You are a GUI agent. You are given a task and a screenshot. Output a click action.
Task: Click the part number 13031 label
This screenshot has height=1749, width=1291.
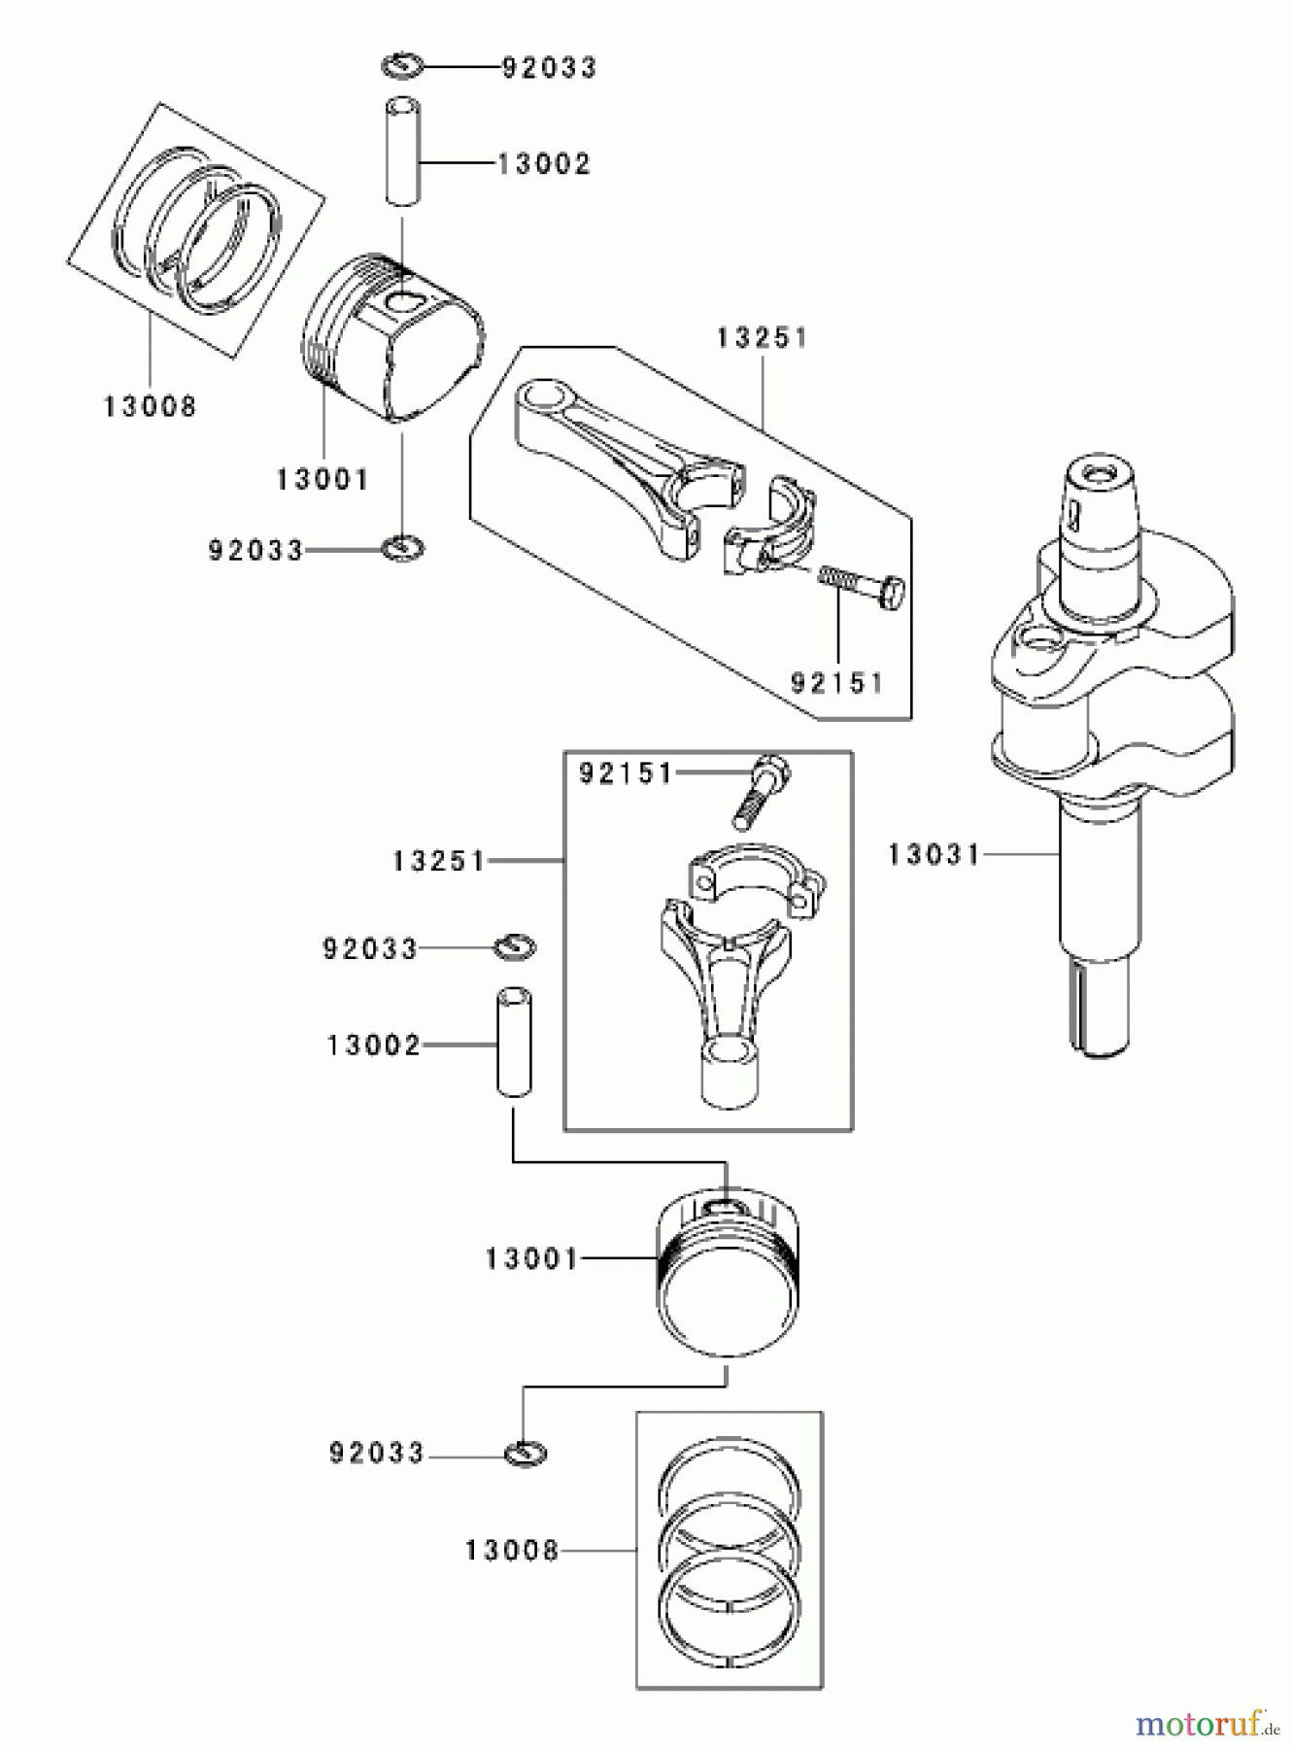click(934, 855)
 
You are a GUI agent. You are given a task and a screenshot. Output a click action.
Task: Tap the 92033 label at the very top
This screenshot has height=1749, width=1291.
click(549, 68)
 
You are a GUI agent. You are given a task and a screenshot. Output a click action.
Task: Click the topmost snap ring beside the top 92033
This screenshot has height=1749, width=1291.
click(401, 66)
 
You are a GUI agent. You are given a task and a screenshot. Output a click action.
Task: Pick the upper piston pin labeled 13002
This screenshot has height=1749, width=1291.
click(403, 151)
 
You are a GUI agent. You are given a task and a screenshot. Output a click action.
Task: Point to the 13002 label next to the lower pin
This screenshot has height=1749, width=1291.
click(374, 1046)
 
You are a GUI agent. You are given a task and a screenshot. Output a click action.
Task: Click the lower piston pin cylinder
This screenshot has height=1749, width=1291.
click(514, 1043)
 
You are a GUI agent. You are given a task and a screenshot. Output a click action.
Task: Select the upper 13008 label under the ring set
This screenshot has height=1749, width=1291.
click(151, 406)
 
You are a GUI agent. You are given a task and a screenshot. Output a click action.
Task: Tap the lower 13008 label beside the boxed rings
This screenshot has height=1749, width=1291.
click(512, 1550)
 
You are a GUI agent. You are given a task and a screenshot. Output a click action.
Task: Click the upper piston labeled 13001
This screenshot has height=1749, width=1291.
click(393, 335)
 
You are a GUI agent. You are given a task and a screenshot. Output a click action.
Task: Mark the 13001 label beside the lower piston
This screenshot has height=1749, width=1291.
click(531, 1259)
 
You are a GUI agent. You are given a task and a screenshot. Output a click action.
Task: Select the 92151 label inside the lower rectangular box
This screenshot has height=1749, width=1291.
click(626, 773)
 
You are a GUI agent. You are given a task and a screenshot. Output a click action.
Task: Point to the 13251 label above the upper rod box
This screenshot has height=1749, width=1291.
click(763, 338)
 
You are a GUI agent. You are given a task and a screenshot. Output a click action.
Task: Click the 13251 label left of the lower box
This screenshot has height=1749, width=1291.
click(439, 861)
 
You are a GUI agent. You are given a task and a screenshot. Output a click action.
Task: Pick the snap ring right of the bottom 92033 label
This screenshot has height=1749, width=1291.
click(526, 1454)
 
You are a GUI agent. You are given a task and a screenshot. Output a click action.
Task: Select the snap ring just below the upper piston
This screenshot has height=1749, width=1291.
click(403, 548)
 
